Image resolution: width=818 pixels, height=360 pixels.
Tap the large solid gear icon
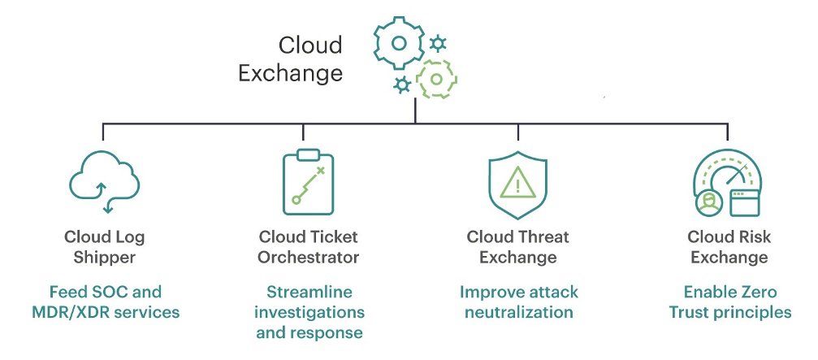(x=398, y=41)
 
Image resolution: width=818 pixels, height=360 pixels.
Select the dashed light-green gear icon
(x=436, y=80)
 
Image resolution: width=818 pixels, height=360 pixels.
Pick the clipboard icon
(x=308, y=183)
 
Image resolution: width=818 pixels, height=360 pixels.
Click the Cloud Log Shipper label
(x=106, y=246)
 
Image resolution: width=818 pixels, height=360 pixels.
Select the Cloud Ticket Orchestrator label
(x=308, y=246)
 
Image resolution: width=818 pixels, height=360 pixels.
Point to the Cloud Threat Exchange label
(x=517, y=246)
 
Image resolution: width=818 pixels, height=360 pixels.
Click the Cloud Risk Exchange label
(x=728, y=246)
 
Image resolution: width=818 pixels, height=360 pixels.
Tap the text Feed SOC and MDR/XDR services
(x=106, y=301)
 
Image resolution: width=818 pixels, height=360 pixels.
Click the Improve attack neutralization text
(x=517, y=301)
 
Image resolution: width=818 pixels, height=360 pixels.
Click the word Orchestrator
(x=308, y=258)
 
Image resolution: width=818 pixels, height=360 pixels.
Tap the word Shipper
(x=106, y=258)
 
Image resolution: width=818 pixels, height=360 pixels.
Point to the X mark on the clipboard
(x=320, y=170)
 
